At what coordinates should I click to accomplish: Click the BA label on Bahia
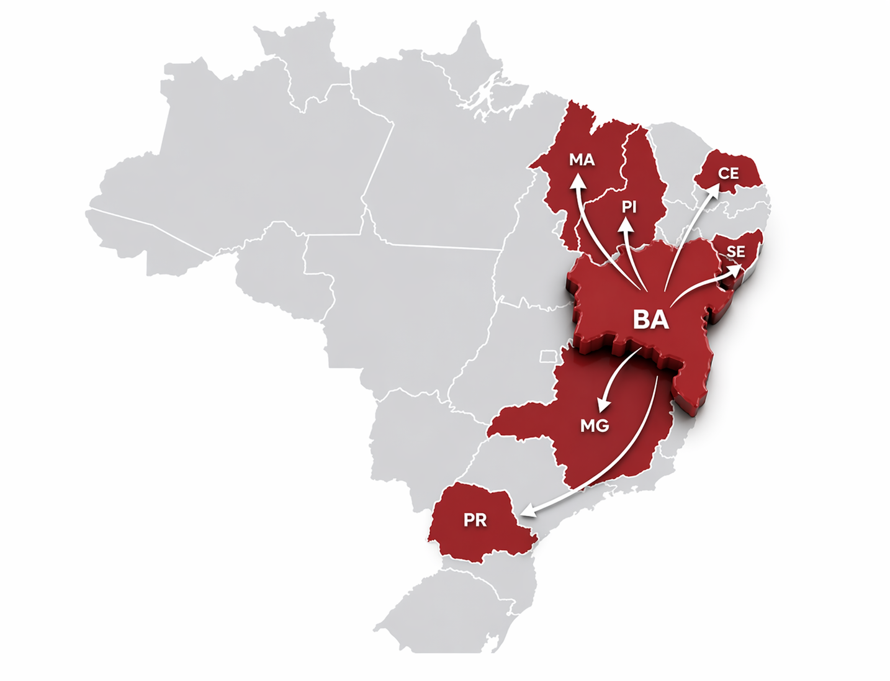click(x=650, y=319)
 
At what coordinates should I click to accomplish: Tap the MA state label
click(x=582, y=160)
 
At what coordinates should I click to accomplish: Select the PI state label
click(x=629, y=206)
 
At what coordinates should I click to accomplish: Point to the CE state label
click(x=729, y=174)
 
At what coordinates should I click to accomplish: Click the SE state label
click(x=735, y=251)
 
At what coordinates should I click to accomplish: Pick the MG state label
click(x=594, y=426)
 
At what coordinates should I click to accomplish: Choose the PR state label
click(x=475, y=520)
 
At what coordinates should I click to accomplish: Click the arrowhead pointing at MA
click(x=578, y=182)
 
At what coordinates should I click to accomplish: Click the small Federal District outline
click(x=547, y=356)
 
